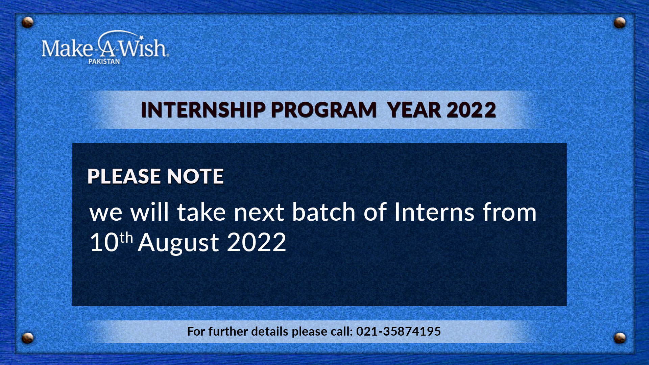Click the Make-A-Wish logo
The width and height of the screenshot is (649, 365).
click(x=105, y=47)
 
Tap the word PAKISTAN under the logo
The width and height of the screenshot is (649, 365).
click(x=104, y=62)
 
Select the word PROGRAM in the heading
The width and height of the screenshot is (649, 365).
click(x=323, y=110)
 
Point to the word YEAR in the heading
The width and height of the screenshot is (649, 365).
click(x=414, y=110)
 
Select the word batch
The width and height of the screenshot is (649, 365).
click(x=323, y=212)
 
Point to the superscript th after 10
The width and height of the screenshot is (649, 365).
click(x=126, y=238)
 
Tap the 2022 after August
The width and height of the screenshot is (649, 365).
click(x=257, y=242)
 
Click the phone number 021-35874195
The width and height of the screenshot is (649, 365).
click(x=399, y=331)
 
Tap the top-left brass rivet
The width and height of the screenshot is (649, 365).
click(x=27, y=22)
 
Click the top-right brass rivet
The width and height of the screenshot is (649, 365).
click(x=620, y=22)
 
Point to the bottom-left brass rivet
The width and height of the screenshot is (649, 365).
click(x=27, y=338)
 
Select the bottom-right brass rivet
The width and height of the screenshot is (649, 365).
click(x=620, y=338)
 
